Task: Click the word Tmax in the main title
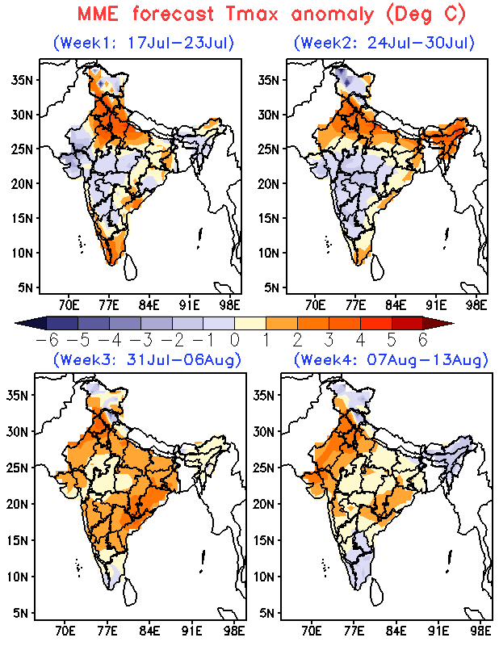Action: pyautogui.click(x=251, y=15)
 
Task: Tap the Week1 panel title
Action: pyautogui.click(x=144, y=43)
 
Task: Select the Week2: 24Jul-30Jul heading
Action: pyautogui.click(x=384, y=43)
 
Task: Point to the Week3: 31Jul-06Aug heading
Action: pyautogui.click(x=147, y=359)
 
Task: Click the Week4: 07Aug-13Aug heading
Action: pyautogui.click(x=391, y=359)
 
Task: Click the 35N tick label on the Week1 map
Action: pyautogui.click(x=23, y=80)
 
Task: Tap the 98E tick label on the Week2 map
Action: pyautogui.click(x=476, y=305)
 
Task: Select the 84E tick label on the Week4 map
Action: pyautogui.click(x=396, y=631)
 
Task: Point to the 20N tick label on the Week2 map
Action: pyautogui.click(x=269, y=184)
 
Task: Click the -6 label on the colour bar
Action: pyautogui.click(x=48, y=340)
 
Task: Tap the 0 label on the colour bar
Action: pyautogui.click(x=235, y=340)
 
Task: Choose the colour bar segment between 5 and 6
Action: pyautogui.click(x=407, y=323)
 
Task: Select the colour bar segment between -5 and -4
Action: pyautogui.click(x=94, y=323)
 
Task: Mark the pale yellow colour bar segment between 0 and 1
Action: pyautogui.click(x=250, y=323)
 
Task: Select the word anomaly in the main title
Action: pyautogui.click(x=332, y=15)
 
